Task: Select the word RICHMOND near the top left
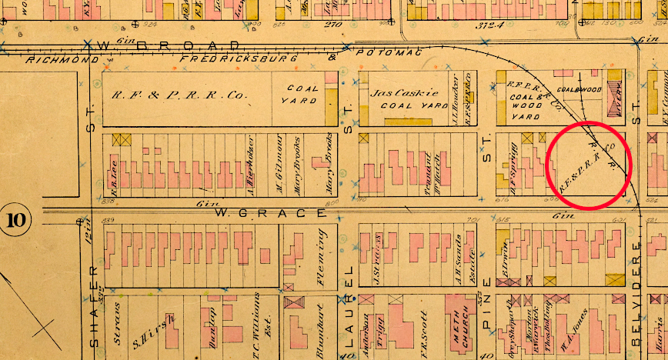click(62, 59)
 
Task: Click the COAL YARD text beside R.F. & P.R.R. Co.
click(302, 95)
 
